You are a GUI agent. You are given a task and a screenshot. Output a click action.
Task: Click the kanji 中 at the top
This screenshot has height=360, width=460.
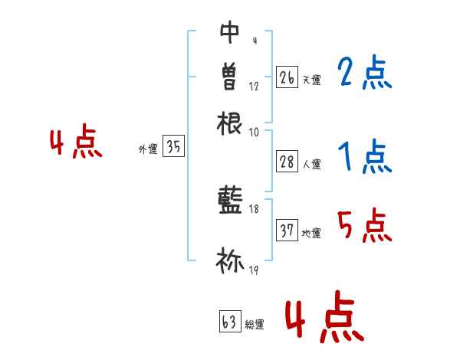[x=229, y=32]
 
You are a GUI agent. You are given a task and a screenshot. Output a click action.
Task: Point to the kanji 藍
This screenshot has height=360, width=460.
[x=229, y=201]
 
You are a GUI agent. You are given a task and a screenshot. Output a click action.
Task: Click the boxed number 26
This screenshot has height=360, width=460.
[x=287, y=77]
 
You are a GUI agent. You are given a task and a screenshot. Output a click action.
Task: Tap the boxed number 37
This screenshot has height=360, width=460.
[x=287, y=231]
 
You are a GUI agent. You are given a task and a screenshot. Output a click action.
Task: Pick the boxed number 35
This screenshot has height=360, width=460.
[x=174, y=148]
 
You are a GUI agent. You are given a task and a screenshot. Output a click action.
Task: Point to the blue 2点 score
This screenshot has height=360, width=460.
[x=364, y=74]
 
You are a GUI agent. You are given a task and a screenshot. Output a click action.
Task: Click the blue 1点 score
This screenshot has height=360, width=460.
[x=364, y=157]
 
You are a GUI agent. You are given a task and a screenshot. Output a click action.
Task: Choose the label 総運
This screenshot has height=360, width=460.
[x=254, y=325]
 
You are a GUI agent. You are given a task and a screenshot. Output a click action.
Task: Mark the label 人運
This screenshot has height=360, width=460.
[x=311, y=163]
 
